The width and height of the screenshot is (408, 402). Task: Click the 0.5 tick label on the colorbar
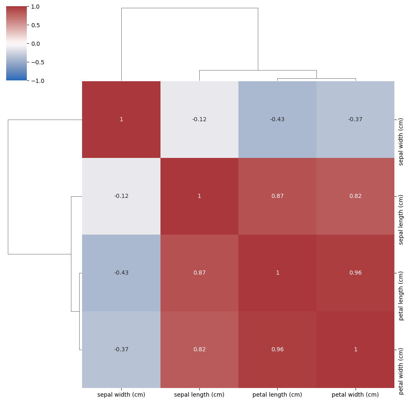point(35,25)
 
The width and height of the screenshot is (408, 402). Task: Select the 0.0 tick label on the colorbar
point(35,44)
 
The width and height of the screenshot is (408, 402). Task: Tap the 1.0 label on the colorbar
point(35,7)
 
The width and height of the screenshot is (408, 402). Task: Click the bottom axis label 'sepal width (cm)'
point(121,395)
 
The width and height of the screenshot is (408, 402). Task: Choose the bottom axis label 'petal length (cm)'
point(277,395)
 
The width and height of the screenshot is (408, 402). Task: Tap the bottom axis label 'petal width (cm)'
point(355,395)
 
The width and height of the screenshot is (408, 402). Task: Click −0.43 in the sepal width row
point(277,120)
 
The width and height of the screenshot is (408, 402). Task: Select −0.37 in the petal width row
point(121,350)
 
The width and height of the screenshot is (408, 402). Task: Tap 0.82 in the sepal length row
point(355,196)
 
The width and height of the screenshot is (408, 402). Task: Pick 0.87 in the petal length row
point(199,273)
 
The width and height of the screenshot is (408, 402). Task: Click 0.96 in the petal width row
point(277,350)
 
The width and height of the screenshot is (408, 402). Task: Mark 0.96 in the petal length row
point(355,273)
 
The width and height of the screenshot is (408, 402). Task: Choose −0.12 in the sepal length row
point(121,196)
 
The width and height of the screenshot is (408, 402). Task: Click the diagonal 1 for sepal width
point(121,120)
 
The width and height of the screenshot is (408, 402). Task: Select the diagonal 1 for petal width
point(355,350)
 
